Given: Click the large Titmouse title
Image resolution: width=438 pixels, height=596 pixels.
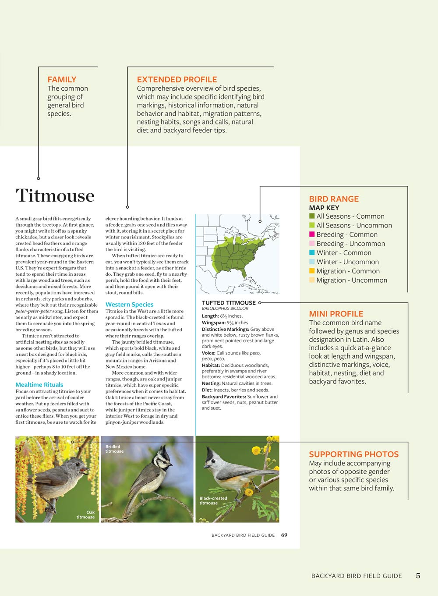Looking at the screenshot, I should coord(55,195).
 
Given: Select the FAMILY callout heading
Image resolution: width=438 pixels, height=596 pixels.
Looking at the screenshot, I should coord(62,79).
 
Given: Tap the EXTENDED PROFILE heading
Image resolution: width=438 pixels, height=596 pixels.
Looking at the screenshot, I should coord(177,79).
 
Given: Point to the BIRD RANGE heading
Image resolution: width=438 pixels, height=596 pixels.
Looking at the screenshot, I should coord(334,199).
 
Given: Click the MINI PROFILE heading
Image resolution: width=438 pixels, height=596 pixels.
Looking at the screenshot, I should coord(336,314).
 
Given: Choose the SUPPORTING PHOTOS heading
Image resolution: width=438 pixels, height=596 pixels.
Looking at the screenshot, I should coord(353,454).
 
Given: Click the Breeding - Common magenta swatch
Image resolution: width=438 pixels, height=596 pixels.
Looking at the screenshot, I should coord(312,234).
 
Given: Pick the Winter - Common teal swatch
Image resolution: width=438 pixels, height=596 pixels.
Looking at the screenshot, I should coord(312,253).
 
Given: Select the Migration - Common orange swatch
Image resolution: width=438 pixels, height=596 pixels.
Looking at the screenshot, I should coord(312,271).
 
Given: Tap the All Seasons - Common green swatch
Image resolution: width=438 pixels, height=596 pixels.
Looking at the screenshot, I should coord(312,216).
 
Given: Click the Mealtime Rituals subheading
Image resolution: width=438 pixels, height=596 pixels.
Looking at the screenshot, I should coord(39,385).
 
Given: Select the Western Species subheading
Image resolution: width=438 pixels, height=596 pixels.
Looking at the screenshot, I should coord(130,305).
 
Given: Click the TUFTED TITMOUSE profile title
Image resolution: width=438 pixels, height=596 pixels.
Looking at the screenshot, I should coord(229,303).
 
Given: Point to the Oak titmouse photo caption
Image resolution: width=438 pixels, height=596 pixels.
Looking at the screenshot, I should coord(86,514).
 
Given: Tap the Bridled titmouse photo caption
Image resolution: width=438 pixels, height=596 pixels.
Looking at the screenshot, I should coord(114,449).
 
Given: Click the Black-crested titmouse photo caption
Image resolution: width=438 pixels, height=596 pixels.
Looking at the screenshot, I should coord(213,500).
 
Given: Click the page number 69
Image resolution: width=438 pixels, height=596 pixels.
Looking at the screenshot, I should coord(284,535).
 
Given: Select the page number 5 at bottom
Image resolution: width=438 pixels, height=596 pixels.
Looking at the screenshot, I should coord(418,576).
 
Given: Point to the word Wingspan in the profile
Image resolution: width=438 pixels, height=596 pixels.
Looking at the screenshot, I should coord(213,323).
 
